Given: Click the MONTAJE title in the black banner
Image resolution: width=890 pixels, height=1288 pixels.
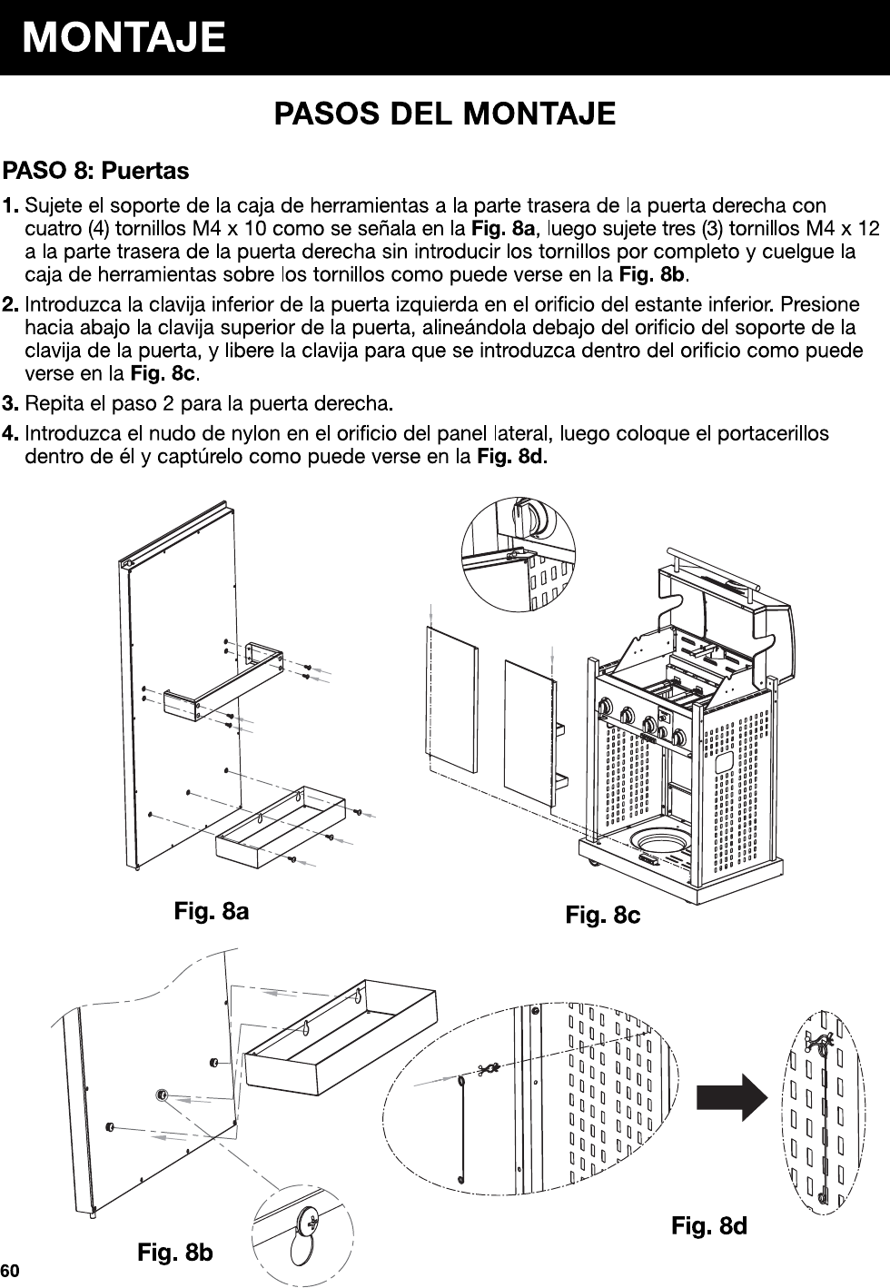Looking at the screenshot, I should pyautogui.click(x=124, y=38).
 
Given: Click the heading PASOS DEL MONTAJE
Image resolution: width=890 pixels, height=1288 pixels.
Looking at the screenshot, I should pyautogui.click(x=445, y=114).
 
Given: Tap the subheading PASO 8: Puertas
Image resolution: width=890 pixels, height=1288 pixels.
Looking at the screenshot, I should pyautogui.click(x=96, y=171).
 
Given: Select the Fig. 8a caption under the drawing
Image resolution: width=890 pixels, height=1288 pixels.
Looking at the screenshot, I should pyautogui.click(x=212, y=910).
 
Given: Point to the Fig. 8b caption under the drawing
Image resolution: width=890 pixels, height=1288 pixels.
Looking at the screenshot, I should pyautogui.click(x=175, y=1253).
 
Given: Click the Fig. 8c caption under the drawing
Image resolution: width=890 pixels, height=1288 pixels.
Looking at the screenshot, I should pyautogui.click(x=603, y=915).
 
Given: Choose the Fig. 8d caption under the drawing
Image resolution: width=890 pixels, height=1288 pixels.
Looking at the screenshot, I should pyautogui.click(x=709, y=1226).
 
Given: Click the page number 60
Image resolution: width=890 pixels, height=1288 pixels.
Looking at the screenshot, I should pyautogui.click(x=11, y=1269).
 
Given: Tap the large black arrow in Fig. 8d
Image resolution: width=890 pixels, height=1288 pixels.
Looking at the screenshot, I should pyautogui.click(x=732, y=1096).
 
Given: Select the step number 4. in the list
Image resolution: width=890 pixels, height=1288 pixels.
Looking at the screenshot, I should pyautogui.click(x=13, y=433).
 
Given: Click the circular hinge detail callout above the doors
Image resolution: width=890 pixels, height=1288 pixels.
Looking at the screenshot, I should pyautogui.click(x=519, y=554).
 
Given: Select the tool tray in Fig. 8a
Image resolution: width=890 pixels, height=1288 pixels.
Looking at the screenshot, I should pyautogui.click(x=280, y=827).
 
